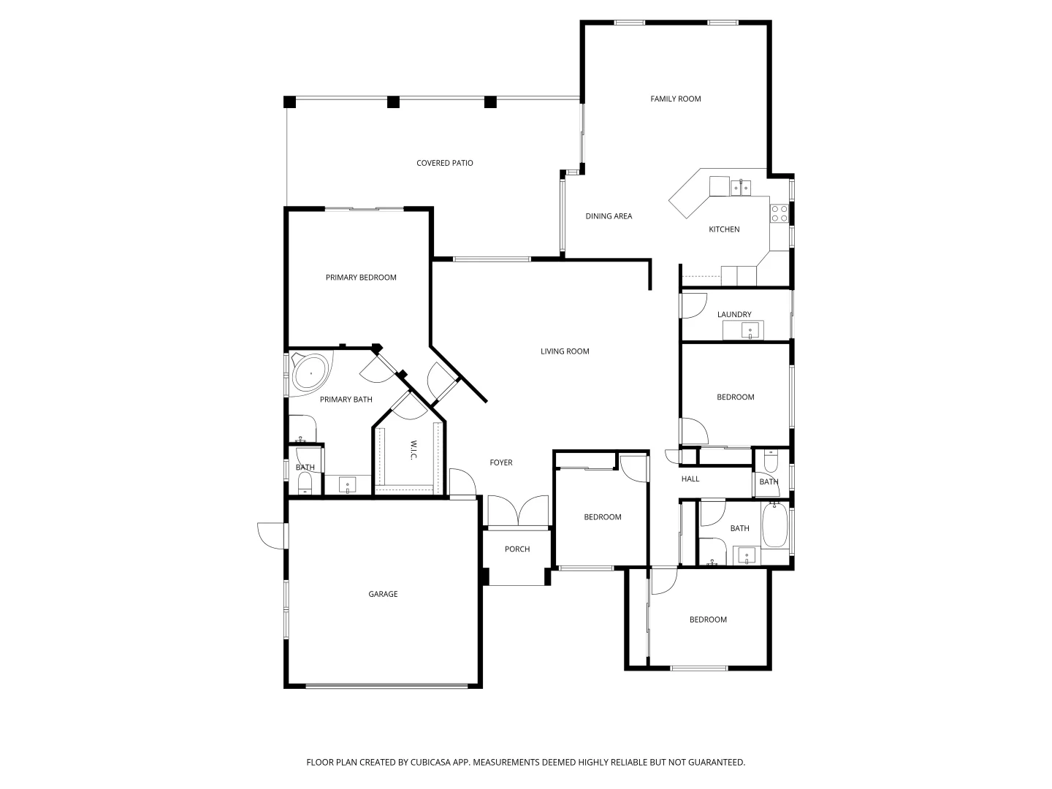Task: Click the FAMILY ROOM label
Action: click(x=676, y=99)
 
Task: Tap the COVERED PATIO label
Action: click(x=444, y=163)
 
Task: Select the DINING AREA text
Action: click(x=609, y=216)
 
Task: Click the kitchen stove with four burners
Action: click(x=779, y=213)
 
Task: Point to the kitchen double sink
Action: click(x=740, y=188)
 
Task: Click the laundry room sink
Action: click(x=750, y=332)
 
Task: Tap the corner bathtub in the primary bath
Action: click(x=310, y=373)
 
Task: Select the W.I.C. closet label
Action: click(x=413, y=449)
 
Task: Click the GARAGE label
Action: click(x=383, y=594)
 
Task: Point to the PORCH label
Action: click(x=517, y=549)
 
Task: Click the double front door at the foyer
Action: click(x=517, y=511)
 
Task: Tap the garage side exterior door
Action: click(x=272, y=535)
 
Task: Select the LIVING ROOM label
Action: click(x=565, y=351)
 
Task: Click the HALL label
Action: click(x=690, y=479)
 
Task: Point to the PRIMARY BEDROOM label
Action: click(x=361, y=278)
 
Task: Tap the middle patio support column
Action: click(x=393, y=102)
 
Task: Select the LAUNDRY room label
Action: click(x=734, y=315)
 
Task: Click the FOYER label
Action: click(x=501, y=462)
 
